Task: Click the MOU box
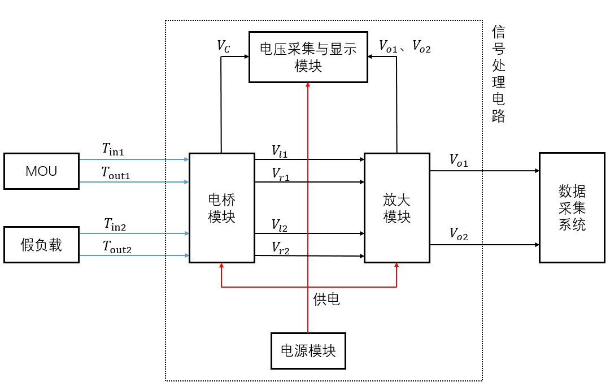coord(41,171)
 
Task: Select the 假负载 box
coord(41,245)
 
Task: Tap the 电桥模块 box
coord(221,208)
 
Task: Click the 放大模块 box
coord(396,208)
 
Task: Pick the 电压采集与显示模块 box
coord(308,57)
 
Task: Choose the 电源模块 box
coord(308,350)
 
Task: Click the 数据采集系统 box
coord(572,207)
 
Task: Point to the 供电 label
coord(326,299)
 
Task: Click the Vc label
coord(224,46)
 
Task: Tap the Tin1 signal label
coord(113,149)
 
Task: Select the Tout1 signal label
coord(116,172)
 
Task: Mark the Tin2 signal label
coord(115,224)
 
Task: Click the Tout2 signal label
coord(116,246)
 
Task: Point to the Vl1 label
coord(280,151)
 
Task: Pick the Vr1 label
coord(281,174)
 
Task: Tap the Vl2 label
coord(280,225)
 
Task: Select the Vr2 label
coord(281,247)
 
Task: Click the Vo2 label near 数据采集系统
coord(459,233)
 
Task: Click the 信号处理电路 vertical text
coord(498,73)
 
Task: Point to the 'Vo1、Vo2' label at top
coord(404,46)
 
